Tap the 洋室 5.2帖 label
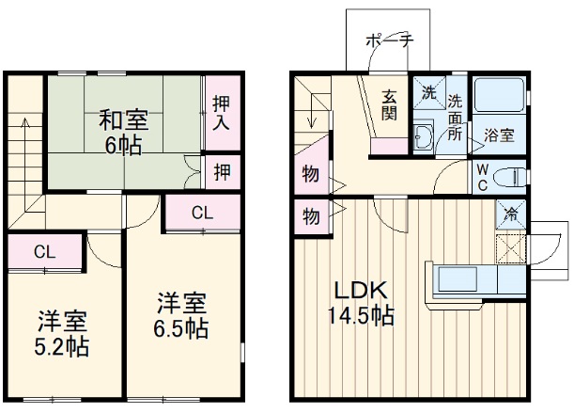pyautogui.click(x=63, y=333)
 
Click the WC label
pyautogui.click(x=481, y=176)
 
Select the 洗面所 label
pyautogui.click(x=455, y=115)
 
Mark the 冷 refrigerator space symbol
pyautogui.click(x=511, y=214)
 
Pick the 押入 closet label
pyautogui.click(x=221, y=112)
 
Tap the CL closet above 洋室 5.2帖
pyautogui.click(x=43, y=251)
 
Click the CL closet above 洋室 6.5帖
pyautogui.click(x=202, y=213)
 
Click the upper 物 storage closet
pyautogui.click(x=310, y=174)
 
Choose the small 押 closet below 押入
pyautogui.click(x=221, y=171)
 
